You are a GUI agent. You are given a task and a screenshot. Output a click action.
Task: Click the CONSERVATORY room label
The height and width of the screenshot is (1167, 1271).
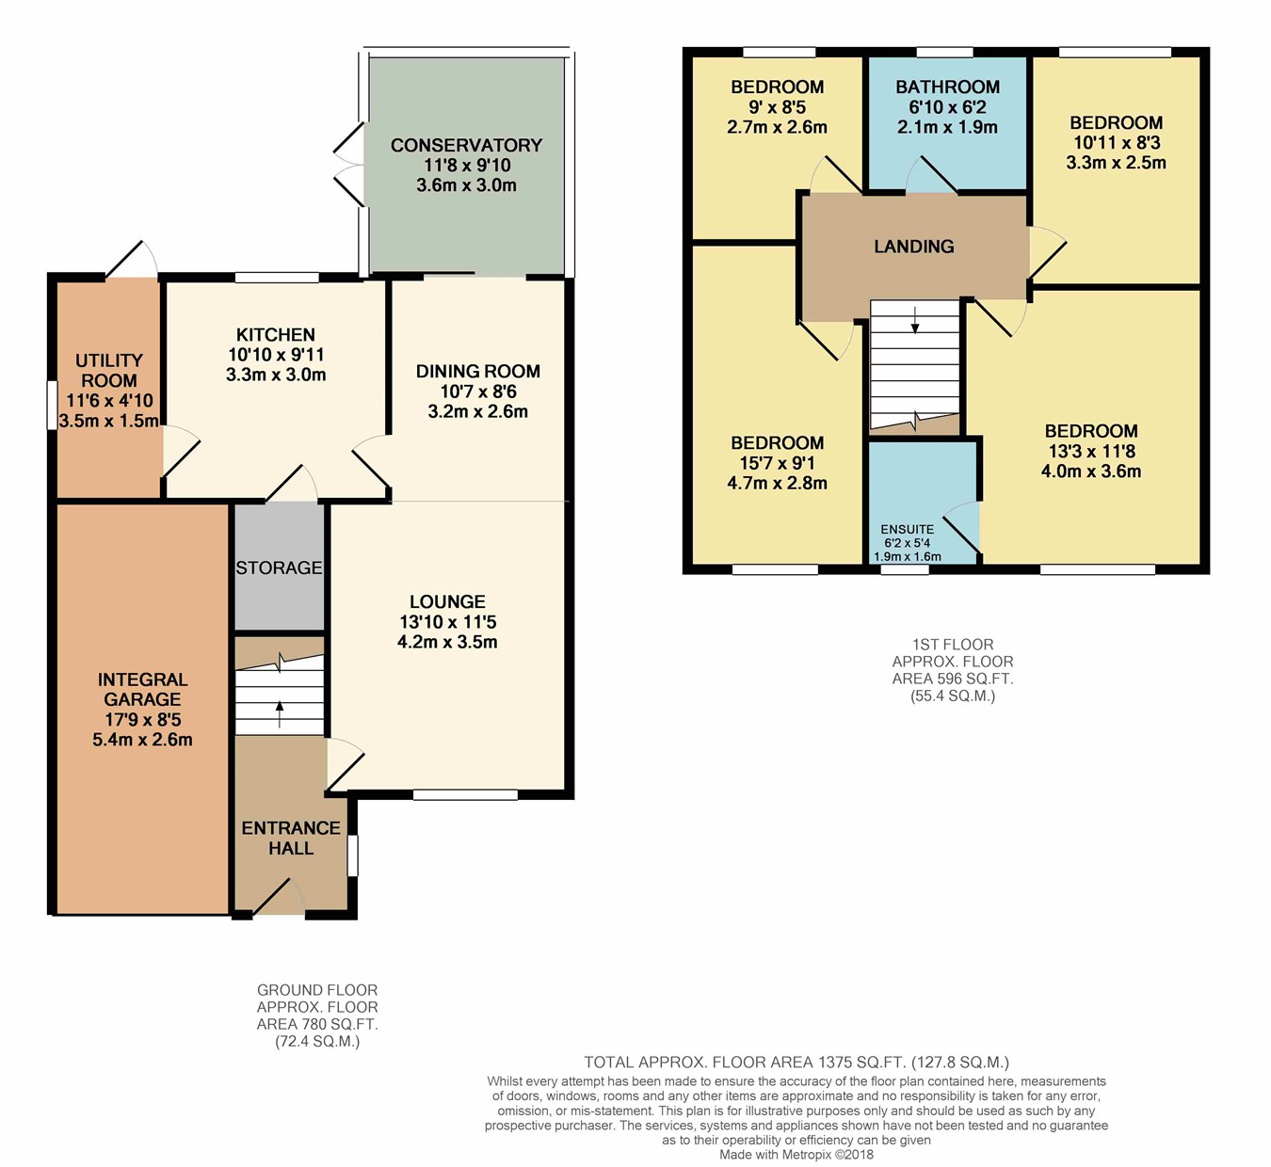(466, 145)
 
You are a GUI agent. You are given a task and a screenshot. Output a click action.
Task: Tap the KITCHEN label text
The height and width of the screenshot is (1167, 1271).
(276, 334)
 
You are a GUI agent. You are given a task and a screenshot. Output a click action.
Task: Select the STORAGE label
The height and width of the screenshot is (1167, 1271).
(279, 568)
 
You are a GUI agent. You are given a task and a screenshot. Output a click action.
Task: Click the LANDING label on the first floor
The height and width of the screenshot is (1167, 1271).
(913, 247)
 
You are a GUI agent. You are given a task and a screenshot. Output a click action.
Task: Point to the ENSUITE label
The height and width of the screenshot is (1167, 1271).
(907, 529)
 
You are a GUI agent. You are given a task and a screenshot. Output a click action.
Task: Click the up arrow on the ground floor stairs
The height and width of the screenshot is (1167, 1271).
(280, 714)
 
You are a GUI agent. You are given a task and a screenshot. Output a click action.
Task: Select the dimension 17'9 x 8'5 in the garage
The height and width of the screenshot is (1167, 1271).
(142, 720)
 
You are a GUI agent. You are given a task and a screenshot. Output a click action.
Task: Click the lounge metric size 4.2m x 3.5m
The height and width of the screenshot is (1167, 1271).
(447, 642)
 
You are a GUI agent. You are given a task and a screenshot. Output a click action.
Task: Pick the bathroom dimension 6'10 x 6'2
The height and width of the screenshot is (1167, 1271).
(947, 107)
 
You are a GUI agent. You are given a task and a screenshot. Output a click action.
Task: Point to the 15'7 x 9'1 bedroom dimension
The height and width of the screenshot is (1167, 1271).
(778, 463)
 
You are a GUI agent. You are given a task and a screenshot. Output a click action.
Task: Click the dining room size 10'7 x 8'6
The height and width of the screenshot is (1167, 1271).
(478, 392)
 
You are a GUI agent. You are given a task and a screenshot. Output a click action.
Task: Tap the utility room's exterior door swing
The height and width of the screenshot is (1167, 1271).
(132, 259)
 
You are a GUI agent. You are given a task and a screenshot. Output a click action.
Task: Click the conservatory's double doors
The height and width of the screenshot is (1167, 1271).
(349, 165)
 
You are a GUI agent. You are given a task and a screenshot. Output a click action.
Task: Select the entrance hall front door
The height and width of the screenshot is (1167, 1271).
(278, 897)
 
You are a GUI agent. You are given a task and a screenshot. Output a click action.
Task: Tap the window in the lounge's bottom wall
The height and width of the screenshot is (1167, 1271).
(465, 794)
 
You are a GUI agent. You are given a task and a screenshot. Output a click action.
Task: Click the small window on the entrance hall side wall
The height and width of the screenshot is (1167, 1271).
(352, 855)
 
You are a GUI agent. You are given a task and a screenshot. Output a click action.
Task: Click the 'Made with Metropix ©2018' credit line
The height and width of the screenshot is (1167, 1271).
(796, 1155)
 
